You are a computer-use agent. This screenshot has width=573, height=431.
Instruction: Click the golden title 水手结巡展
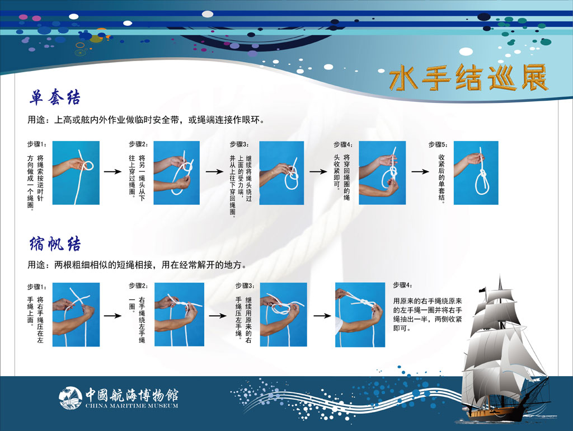pyautogui.click(x=468, y=77)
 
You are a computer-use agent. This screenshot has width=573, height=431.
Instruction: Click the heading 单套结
pyautogui.click(x=55, y=97)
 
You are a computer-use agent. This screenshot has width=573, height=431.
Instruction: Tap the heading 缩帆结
pyautogui.click(x=55, y=243)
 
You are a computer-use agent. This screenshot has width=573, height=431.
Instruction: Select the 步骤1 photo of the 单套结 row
pyautogui.click(x=76, y=172)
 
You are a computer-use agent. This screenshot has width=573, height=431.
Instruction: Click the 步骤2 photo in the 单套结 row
pyautogui.click(x=176, y=172)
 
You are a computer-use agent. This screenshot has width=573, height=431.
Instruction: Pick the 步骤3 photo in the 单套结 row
pyautogui.click(x=281, y=172)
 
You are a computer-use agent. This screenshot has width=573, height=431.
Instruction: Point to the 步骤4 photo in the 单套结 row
pyautogui.click(x=382, y=172)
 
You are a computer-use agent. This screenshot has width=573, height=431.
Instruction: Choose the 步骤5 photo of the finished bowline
pyautogui.click(x=476, y=172)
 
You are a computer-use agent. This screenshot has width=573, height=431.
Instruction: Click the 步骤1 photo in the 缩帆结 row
pyautogui.click(x=76, y=315)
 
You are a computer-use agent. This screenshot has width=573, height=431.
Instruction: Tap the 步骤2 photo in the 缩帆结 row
pyautogui.click(x=179, y=315)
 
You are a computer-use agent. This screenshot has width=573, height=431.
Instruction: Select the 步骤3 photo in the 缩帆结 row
pyautogui.click(x=283, y=315)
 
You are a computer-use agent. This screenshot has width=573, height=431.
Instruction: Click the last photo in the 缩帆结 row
pyautogui.click(x=360, y=315)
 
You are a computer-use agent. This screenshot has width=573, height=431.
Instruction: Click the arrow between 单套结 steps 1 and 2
pyautogui.click(x=112, y=171)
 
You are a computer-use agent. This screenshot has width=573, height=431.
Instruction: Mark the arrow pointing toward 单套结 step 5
pyautogui.click(x=420, y=171)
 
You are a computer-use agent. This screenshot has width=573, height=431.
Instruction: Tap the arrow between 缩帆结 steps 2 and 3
pyautogui.click(x=218, y=316)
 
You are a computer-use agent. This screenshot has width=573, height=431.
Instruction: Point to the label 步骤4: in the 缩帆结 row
pyautogui.click(x=403, y=285)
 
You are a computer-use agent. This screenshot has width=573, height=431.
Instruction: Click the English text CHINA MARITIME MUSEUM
pyautogui.click(x=132, y=405)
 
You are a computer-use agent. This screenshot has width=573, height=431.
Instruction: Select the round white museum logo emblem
pyautogui.click(x=70, y=398)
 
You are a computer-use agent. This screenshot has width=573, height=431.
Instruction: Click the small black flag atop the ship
pyautogui.click(x=483, y=290)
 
